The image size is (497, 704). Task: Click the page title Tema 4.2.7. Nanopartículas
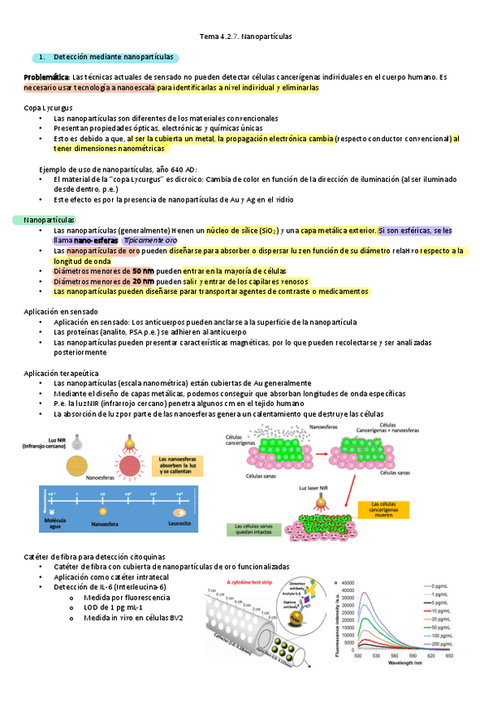[246, 37]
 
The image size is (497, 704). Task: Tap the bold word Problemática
[46, 76]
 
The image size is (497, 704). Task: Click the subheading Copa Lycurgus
[48, 108]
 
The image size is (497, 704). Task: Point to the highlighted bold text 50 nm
[143, 271]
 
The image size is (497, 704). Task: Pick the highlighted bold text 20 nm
[143, 281]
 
